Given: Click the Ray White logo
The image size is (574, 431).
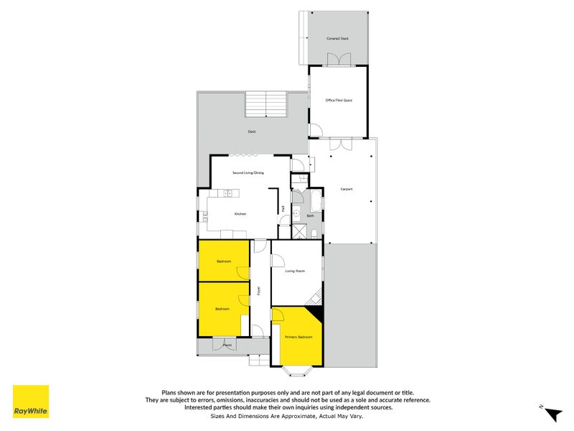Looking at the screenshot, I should pos(31,402).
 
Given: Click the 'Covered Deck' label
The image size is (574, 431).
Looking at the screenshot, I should pos(337,38).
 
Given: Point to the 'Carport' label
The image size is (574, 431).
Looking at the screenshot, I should pos(347,189).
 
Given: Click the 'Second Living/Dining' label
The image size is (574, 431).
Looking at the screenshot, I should pos(248,173).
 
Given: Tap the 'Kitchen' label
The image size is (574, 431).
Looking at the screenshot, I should pos(241,214).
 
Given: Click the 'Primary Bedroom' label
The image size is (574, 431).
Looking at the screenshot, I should pos(298,336).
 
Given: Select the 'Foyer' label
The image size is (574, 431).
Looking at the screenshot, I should pos(258,291).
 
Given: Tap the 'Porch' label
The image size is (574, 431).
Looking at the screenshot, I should pos(227,346).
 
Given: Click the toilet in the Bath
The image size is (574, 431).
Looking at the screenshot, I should pos(316,232).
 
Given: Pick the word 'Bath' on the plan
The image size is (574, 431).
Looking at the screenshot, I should pos(310,215).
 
